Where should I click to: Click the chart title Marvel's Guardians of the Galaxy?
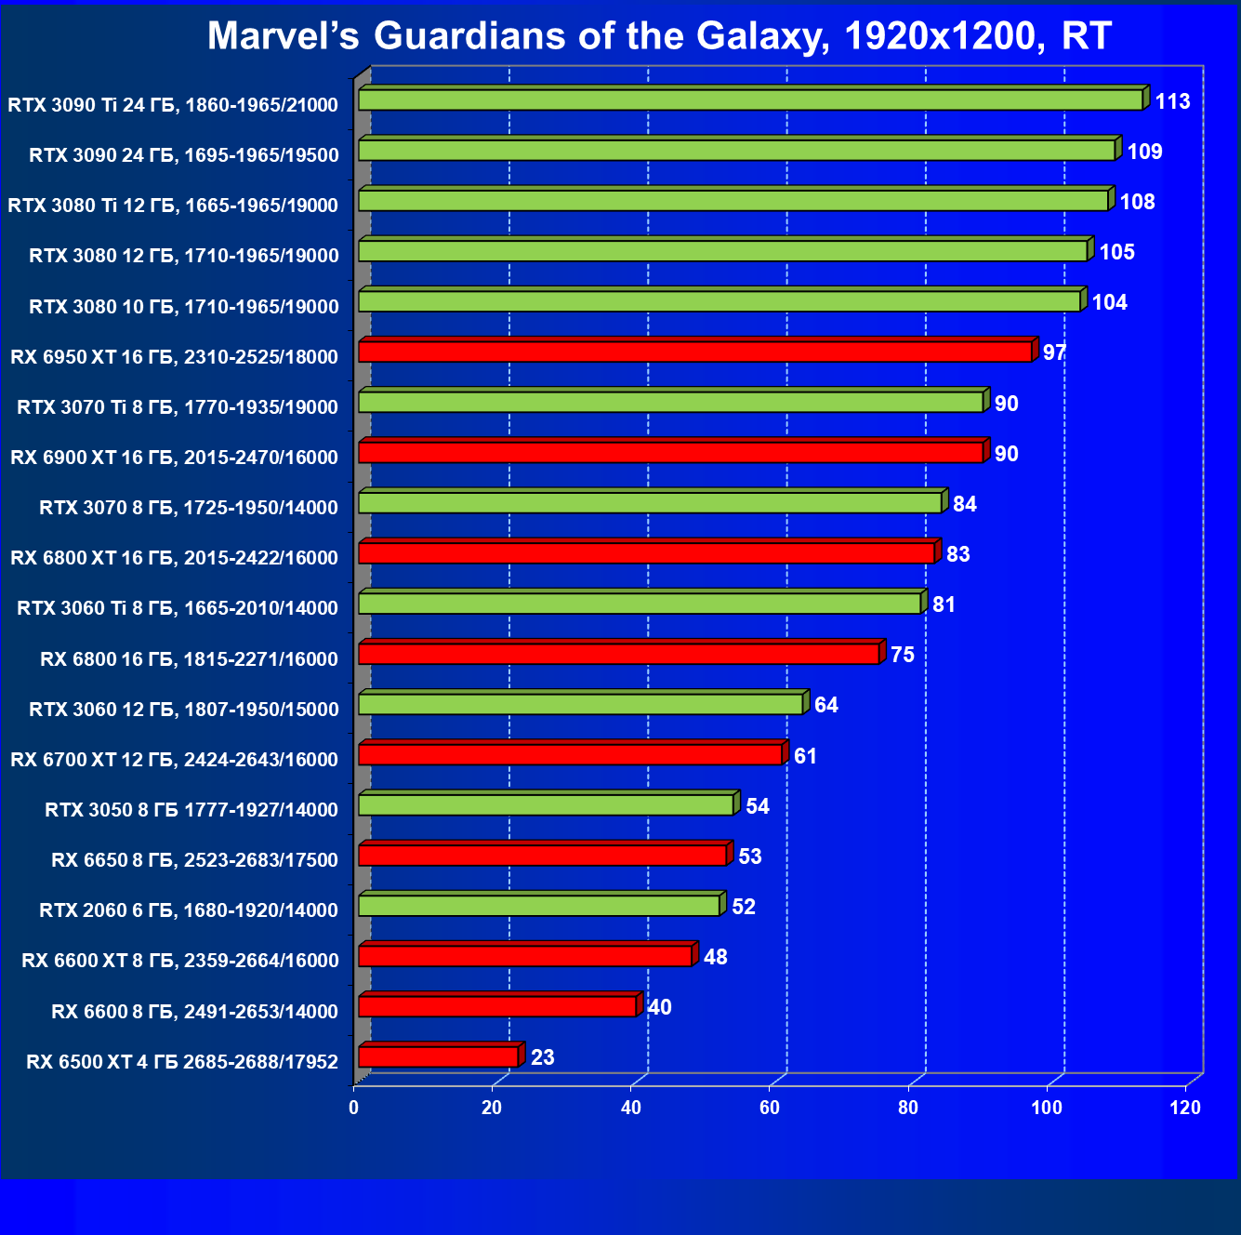coord(658,36)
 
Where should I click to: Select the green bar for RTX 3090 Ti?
coord(750,100)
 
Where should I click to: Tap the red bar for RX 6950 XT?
coord(695,352)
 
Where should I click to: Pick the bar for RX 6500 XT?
coord(438,1056)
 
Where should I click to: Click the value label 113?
coord(1172,101)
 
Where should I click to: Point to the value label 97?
coord(1054,353)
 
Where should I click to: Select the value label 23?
coord(542,1057)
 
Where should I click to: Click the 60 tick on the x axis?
coord(770,1108)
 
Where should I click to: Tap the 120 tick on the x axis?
coord(1185,1108)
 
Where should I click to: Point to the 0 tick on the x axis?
coord(353,1108)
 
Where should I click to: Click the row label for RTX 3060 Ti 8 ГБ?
coord(178,608)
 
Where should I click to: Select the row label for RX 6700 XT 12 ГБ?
coord(174,760)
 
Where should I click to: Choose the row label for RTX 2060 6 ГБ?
coord(189,910)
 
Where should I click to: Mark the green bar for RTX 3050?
coord(546,804)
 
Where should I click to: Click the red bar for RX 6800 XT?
coord(646,553)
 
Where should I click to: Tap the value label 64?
coord(825,705)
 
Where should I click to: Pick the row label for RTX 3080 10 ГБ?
coord(184,307)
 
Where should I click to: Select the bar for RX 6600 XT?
coord(525,956)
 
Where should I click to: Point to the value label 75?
coord(902,655)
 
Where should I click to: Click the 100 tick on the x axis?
coord(1047,1108)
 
